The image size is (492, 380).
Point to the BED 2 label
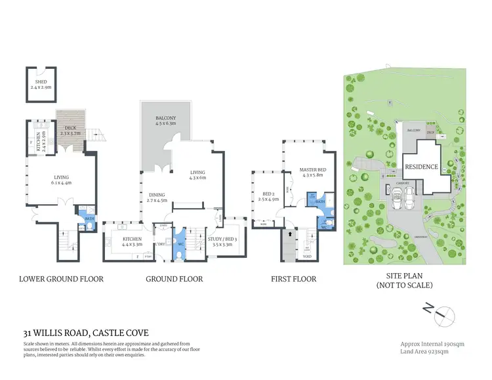[x=269, y=196]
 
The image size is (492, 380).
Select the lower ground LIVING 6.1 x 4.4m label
[x=62, y=179]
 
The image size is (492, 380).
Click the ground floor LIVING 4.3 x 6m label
[x=197, y=174]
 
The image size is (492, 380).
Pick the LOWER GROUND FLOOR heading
[x=61, y=279]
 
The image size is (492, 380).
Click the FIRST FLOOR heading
[x=293, y=279]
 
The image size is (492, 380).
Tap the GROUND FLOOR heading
[x=174, y=279]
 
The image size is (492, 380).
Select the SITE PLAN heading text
[x=403, y=279]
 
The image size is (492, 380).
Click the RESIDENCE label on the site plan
[x=420, y=167]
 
